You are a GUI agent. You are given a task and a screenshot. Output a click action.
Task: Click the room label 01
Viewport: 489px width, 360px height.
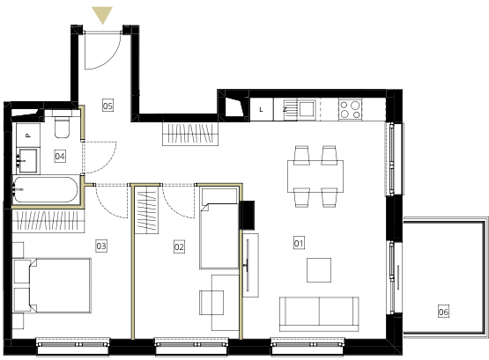[x=299, y=243]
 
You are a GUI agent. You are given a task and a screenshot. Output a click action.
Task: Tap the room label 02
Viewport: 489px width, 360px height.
[x=179, y=247]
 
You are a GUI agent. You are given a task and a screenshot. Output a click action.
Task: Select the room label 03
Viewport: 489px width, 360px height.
[x=101, y=246]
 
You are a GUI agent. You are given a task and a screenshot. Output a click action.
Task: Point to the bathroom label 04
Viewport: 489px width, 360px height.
[x=60, y=156]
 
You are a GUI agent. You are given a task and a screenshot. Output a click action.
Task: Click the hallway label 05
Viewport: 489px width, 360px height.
[x=107, y=106]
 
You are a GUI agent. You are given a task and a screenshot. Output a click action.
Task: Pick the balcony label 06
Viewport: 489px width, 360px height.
[x=443, y=312]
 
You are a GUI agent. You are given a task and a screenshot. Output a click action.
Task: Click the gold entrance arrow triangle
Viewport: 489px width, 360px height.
[x=102, y=15]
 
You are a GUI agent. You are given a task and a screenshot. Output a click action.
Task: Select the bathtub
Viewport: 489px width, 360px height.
[x=45, y=189]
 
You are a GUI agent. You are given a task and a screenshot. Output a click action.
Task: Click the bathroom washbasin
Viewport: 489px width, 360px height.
[x=28, y=161]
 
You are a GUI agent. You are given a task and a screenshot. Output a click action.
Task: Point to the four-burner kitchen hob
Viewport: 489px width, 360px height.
[x=350, y=109]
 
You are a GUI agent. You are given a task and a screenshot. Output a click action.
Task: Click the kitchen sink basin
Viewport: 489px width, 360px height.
[x=307, y=108]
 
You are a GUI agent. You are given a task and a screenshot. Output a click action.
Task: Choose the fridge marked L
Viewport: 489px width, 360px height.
[x=262, y=109]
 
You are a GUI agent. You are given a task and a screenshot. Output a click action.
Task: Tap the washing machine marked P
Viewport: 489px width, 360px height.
[x=28, y=136]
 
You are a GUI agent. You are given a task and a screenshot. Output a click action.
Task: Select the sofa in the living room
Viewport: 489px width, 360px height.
[x=319, y=314]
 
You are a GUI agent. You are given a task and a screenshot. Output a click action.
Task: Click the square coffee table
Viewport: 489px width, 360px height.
[x=319, y=270]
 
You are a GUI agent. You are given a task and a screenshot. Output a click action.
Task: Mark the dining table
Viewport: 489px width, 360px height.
[x=315, y=176]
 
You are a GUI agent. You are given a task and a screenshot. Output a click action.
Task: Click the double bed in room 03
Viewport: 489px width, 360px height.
[x=52, y=285]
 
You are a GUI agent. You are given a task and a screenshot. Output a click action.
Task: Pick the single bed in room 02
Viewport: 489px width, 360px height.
[x=219, y=228]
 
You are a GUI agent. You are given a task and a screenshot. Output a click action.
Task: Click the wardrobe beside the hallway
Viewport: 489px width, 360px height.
[x=190, y=134]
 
